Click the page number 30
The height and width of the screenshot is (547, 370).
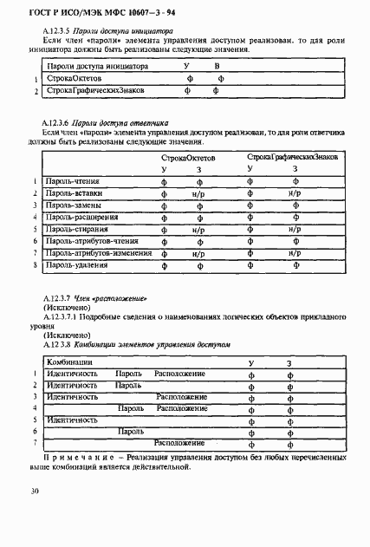click(x=34, y=492)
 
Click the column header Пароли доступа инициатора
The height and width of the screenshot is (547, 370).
click(x=97, y=66)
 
